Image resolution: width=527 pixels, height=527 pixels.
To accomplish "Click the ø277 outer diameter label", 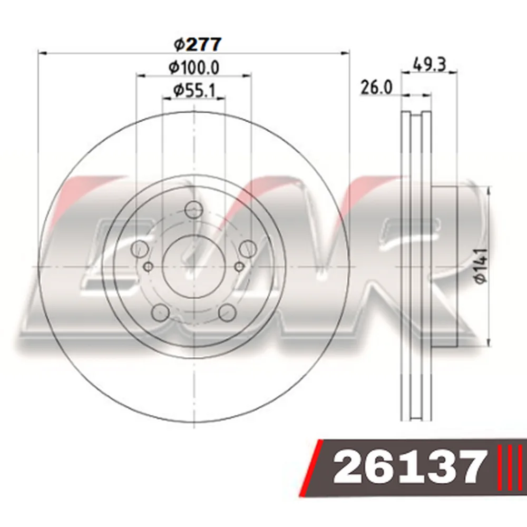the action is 198,44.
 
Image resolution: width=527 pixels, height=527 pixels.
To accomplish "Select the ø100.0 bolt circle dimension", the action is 194,67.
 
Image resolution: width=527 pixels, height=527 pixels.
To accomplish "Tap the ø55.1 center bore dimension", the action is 194,91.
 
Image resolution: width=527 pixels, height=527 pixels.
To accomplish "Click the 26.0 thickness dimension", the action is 376,87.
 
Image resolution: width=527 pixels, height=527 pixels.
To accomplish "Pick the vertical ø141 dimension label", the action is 481,266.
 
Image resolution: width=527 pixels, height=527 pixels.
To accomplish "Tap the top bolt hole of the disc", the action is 194,210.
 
